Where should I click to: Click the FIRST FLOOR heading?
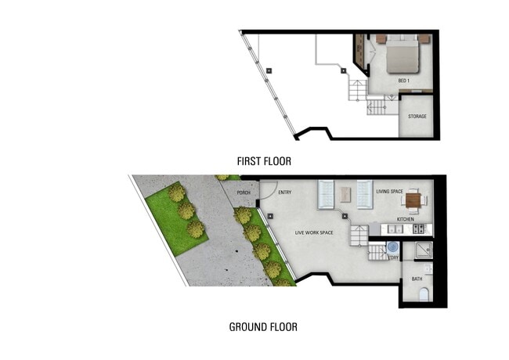pyautogui.click(x=264, y=161)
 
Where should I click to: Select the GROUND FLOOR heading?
pyautogui.click(x=262, y=326)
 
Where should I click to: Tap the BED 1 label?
pyautogui.click(x=403, y=81)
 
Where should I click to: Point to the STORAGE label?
pyautogui.click(x=418, y=117)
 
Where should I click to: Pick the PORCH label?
pyautogui.click(x=244, y=192)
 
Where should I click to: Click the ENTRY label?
pyautogui.click(x=284, y=192)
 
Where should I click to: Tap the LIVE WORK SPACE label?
pyautogui.click(x=315, y=232)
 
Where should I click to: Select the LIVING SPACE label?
pyautogui.click(x=389, y=191)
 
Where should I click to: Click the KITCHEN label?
pyautogui.click(x=406, y=219)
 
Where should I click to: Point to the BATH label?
pyautogui.click(x=417, y=279)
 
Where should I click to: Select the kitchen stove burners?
pyautogui.click(x=419, y=229)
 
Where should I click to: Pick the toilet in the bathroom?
pyautogui.click(x=424, y=295)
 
